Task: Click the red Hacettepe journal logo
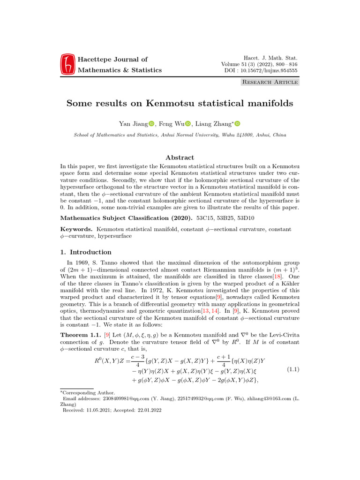67,65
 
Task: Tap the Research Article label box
270,82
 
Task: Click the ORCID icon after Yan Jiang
151,124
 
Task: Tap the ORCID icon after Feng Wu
187,124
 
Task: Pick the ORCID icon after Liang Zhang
237,124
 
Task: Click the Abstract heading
180,158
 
